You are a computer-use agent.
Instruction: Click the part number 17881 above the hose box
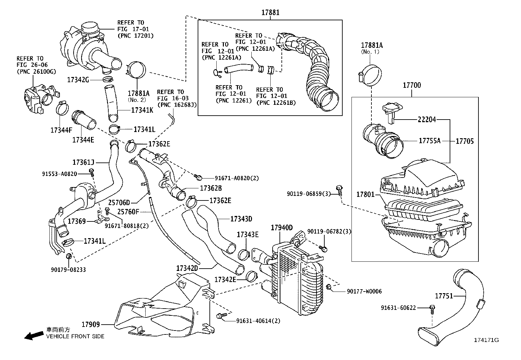click(270, 13)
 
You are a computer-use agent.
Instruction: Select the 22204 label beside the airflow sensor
click(427, 120)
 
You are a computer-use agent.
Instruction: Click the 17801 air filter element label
click(365, 195)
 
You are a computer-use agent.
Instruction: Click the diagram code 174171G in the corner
click(486, 340)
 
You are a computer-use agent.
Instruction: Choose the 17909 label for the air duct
click(90, 325)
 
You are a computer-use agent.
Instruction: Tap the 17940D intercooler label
click(281, 228)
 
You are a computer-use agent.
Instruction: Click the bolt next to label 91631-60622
click(432, 308)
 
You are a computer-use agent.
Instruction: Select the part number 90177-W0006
click(364, 291)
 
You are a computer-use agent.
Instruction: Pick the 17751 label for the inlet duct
click(444, 296)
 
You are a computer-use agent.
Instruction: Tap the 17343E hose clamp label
click(247, 235)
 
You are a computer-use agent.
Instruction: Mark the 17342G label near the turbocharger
click(78, 80)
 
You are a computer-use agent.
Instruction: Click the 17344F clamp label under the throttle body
click(61, 130)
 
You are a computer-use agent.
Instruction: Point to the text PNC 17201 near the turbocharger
click(135, 35)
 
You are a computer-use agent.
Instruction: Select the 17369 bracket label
click(77, 221)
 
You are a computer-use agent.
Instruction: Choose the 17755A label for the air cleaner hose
click(430, 141)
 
